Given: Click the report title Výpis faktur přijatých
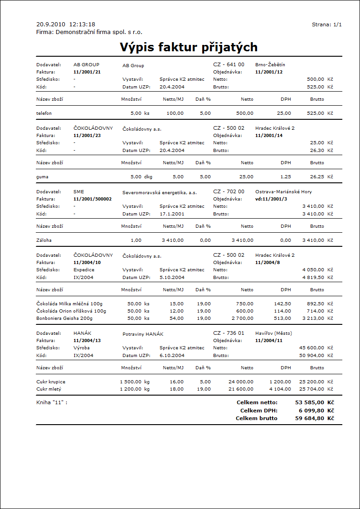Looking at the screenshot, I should tap(189, 47).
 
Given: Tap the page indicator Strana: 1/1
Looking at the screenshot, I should tap(327, 24).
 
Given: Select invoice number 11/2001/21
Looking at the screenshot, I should tap(87, 72).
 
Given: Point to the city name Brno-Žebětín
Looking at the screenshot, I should tap(270, 65).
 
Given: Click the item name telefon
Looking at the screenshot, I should tap(44, 113).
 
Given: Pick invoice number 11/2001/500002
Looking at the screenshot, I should tap(92, 199).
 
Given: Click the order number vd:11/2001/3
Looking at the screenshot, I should tap(271, 199).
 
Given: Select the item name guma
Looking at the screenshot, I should tap(42, 176).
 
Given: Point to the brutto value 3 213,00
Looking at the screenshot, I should tap(311, 318).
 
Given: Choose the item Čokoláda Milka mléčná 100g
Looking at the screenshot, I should tap(70, 304).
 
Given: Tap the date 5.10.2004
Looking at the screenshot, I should tap(172, 277).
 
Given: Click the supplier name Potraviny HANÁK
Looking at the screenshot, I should tap(143, 334).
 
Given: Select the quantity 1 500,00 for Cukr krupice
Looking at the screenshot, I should tap(131, 382).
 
